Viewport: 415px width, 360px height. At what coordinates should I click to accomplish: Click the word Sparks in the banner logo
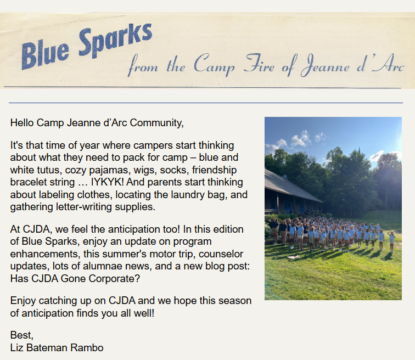pos(116,40)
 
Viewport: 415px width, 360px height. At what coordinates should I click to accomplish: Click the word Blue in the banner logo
pos(45,54)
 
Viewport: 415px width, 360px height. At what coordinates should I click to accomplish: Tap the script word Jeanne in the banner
pos(325,65)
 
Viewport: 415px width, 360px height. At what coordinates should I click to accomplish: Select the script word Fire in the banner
pos(259,63)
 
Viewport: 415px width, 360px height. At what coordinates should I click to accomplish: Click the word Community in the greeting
pos(156,123)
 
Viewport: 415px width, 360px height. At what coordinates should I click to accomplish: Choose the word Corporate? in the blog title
pos(114,279)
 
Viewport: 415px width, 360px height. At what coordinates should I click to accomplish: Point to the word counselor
pos(221,254)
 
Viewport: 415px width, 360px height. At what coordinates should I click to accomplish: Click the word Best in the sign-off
pos(22,335)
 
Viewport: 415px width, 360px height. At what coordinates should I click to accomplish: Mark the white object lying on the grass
pos(294,257)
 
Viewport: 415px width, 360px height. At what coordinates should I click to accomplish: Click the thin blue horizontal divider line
pos(206,103)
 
